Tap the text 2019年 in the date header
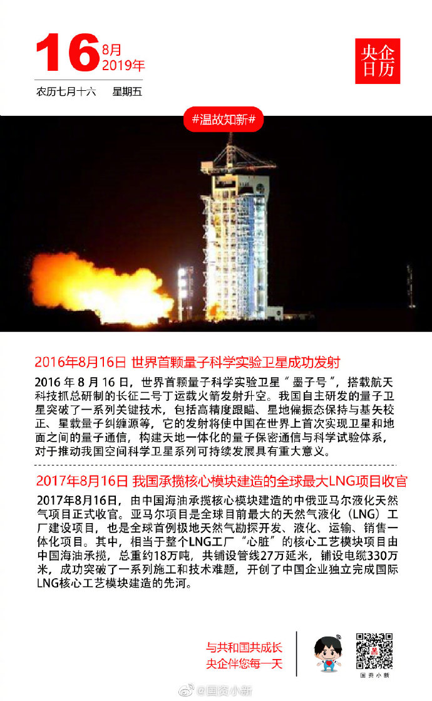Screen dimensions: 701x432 point(123,65)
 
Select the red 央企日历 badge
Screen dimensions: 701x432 point(378,61)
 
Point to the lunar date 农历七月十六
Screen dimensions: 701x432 point(66,92)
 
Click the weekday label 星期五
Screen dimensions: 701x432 point(127,92)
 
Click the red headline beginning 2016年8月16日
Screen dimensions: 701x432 point(187,362)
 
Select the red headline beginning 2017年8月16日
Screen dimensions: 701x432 point(222,481)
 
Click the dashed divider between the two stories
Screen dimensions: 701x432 point(215,465)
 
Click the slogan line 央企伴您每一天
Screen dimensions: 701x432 point(244,663)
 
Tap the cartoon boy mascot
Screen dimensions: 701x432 point(327,654)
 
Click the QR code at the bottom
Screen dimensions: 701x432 point(375,651)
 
